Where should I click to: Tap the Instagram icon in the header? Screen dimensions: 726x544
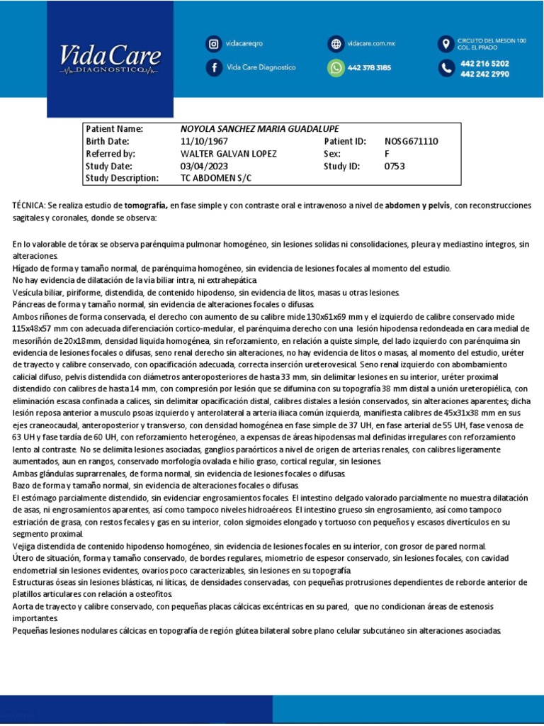[x=213, y=44]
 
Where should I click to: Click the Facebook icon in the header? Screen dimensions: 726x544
[x=213, y=67]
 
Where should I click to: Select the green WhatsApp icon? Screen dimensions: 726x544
[x=335, y=67]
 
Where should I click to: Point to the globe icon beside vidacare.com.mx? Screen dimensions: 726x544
[x=335, y=44]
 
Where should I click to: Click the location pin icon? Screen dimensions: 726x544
[x=446, y=44]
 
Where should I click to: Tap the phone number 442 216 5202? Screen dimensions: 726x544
[x=484, y=63]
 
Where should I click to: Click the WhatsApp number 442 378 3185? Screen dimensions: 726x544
[x=369, y=68]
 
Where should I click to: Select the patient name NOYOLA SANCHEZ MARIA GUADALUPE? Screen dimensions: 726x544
[x=260, y=129]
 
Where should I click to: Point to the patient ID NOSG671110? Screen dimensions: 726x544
[x=412, y=141]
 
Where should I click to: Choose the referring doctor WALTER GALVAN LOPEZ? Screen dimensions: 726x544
[x=229, y=153]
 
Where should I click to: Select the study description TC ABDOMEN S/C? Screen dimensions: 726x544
[x=216, y=178]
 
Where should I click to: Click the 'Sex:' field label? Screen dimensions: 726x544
[x=332, y=153]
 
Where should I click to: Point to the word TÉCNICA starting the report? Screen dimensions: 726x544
[x=28, y=206]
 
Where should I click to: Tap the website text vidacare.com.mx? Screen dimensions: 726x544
[x=370, y=44]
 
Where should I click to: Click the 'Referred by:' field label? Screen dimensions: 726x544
[x=110, y=153]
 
